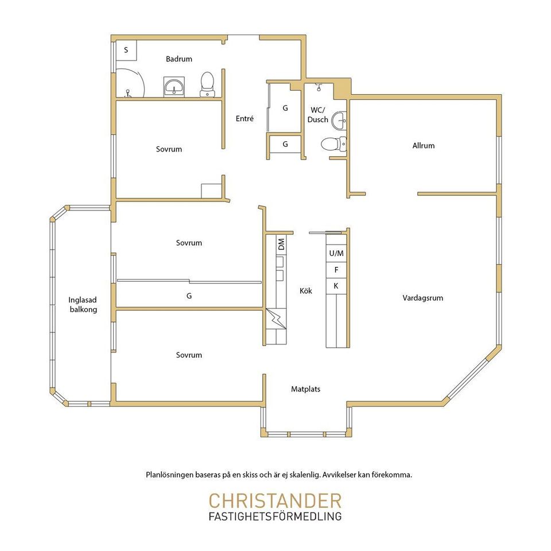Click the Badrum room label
pyautogui.click(x=179, y=59)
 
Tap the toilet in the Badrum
pyautogui.click(x=207, y=84)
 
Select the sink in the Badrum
pyautogui.click(x=174, y=87)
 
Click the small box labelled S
pyautogui.click(x=126, y=51)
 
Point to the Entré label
pyautogui.click(x=245, y=118)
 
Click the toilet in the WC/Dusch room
pyautogui.click(x=333, y=143)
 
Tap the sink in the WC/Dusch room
pyautogui.click(x=339, y=120)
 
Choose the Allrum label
pyautogui.click(x=424, y=145)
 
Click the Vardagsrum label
pyautogui.click(x=423, y=298)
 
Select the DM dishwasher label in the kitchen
pyautogui.click(x=281, y=245)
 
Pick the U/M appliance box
pyautogui.click(x=336, y=253)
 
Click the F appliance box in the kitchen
pyautogui.click(x=336, y=270)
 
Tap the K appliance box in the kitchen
pyautogui.click(x=336, y=286)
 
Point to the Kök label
pyautogui.click(x=306, y=291)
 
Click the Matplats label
pyautogui.click(x=306, y=389)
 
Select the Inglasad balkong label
pyautogui.click(x=83, y=305)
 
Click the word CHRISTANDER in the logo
pyautogui.click(x=275, y=500)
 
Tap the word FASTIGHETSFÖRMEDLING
pyautogui.click(x=275, y=517)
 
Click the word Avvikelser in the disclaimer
pyautogui.click(x=339, y=475)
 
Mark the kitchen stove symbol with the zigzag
pyautogui.click(x=276, y=319)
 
